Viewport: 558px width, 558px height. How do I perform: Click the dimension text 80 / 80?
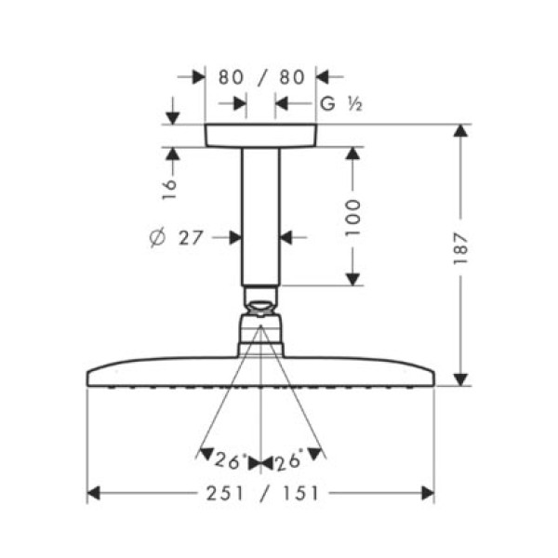[x=260, y=77]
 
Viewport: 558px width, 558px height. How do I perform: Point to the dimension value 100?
[x=353, y=216]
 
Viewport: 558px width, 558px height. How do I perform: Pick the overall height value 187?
[x=460, y=252]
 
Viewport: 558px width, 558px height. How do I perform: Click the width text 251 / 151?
[x=261, y=493]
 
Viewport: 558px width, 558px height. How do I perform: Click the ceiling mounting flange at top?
[x=260, y=136]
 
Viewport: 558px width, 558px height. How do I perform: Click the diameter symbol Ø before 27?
[x=155, y=238]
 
